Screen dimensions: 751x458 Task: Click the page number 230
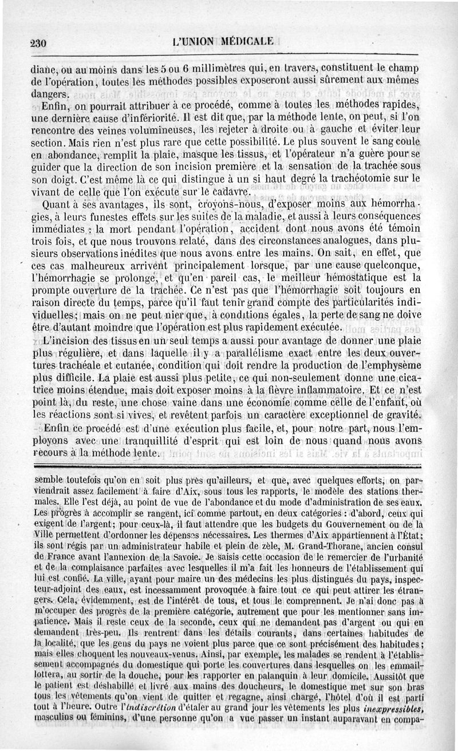point(38,44)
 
